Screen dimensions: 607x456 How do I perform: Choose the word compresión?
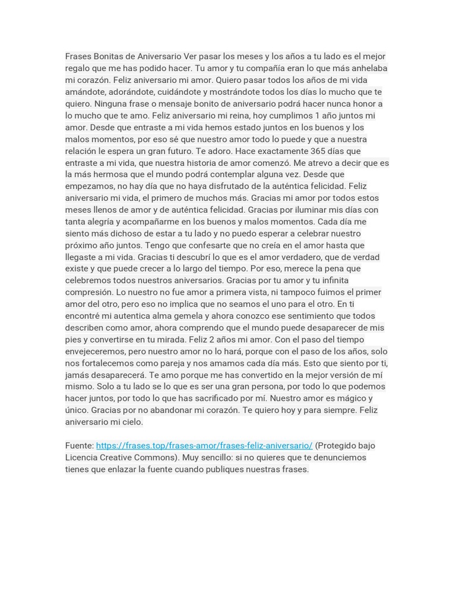pos(89,292)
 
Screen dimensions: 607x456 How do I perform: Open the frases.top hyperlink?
pos(204,446)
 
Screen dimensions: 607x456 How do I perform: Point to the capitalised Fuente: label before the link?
pos(80,446)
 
